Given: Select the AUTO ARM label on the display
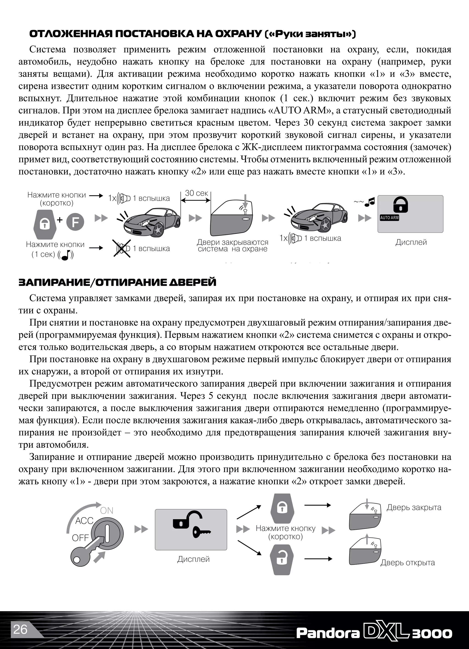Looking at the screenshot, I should pyautogui.click(x=389, y=218).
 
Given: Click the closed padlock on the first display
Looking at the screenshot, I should pyautogui.click(x=400, y=204).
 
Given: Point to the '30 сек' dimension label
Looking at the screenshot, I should pyautogui.click(x=196, y=193).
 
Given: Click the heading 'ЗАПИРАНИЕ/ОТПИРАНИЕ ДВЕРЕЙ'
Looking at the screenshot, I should pyautogui.click(x=117, y=283).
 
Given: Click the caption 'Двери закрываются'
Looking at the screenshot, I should pyautogui.click(x=232, y=242).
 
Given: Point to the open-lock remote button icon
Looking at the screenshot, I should pyautogui.click(x=282, y=560).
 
